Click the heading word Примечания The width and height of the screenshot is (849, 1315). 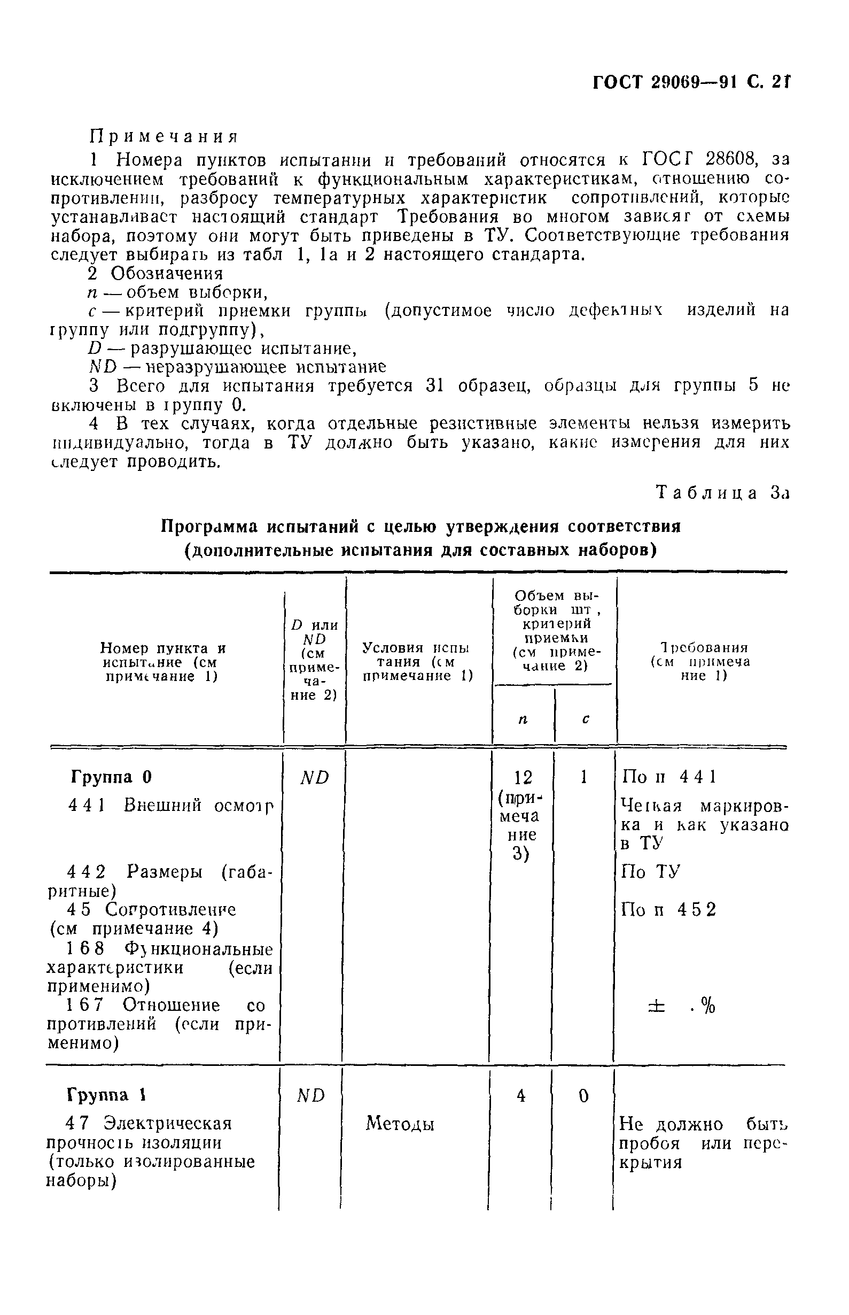pyautogui.click(x=163, y=136)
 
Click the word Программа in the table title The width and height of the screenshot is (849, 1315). pyautogui.click(x=210, y=527)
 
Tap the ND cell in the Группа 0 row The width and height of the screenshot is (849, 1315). pyautogui.click(x=314, y=777)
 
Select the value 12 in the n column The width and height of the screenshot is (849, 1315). pyautogui.click(x=523, y=778)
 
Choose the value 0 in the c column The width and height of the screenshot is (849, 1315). pyautogui.click(x=584, y=1095)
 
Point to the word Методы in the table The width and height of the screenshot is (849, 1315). pyautogui.click(x=400, y=1123)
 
